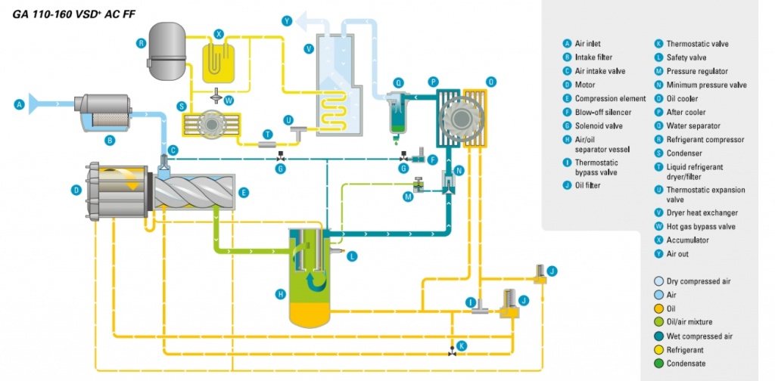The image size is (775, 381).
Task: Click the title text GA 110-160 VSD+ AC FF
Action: pos(66,14)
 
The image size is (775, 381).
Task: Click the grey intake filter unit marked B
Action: pos(105,112)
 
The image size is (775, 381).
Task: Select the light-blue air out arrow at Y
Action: pos(309,20)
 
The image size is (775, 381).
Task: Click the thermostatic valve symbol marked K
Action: pos(453,352)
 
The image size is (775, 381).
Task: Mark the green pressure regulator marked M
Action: pos(417,185)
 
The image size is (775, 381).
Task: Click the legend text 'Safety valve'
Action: pos(686,57)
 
